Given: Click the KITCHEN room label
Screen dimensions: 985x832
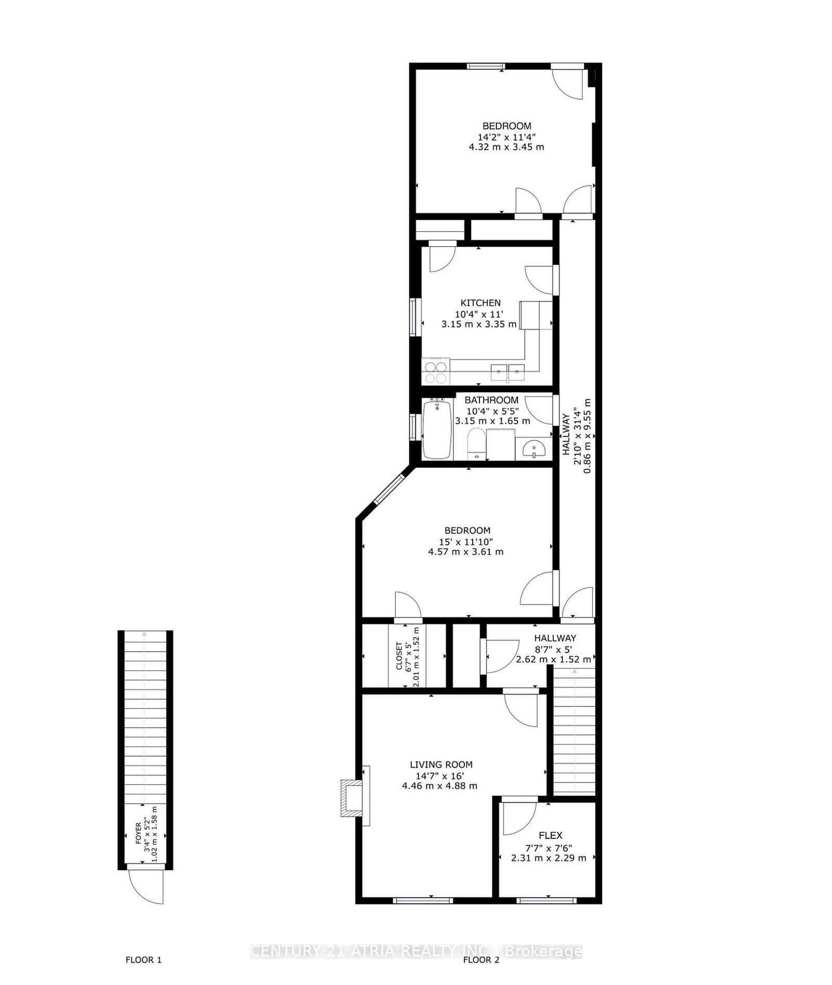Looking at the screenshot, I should click(x=480, y=303).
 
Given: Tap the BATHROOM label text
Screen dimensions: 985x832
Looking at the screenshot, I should click(x=491, y=400).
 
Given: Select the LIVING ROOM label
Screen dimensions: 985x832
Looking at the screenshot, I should click(x=441, y=765).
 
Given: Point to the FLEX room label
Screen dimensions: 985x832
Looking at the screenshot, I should click(x=550, y=835).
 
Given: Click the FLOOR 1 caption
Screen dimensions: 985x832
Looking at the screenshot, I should click(x=144, y=960).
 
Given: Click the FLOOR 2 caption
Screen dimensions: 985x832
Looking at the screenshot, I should click(x=481, y=960).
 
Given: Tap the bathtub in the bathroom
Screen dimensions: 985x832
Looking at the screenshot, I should click(x=437, y=429).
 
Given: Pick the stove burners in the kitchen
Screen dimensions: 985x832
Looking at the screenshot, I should click(x=436, y=371).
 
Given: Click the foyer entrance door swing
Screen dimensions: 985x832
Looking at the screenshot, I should click(x=148, y=887).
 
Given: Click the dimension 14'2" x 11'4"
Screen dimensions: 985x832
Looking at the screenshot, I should click(x=506, y=137).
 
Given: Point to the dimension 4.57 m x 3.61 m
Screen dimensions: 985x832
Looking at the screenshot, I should click(x=465, y=552).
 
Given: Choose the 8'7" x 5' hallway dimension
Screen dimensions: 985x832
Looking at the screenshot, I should click(x=553, y=649).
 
